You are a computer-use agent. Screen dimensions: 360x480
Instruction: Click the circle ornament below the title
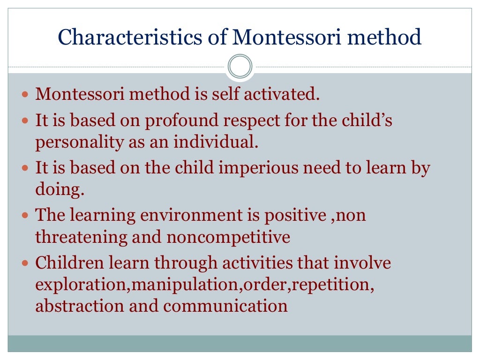tap(240, 67)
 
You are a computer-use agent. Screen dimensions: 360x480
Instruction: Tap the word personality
tap(73, 142)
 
